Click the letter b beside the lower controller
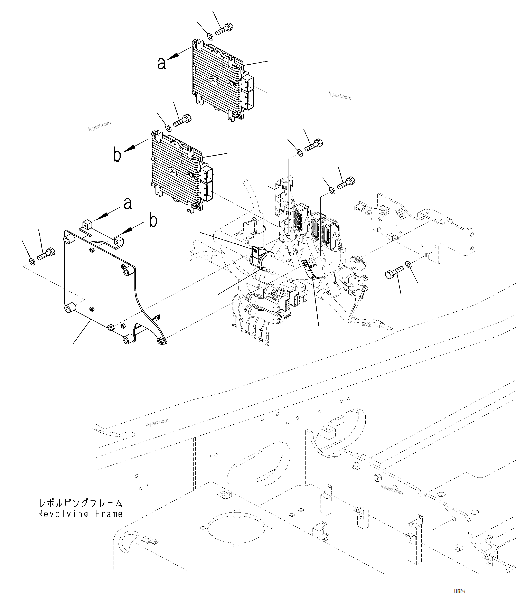coord(117,155)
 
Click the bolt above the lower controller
coord(182,121)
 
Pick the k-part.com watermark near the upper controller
coord(340,96)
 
